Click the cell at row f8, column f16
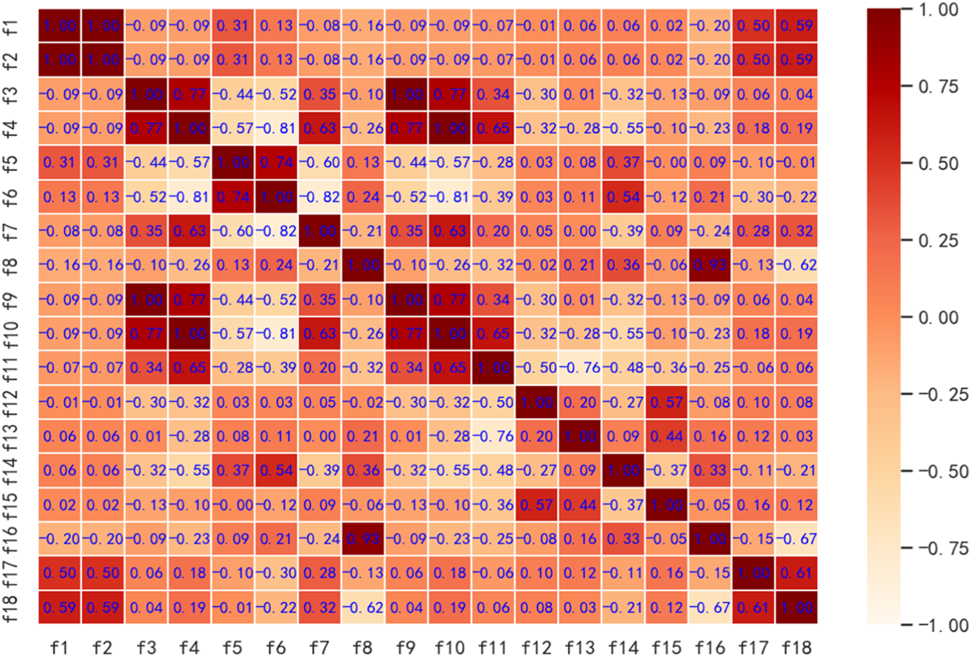710,265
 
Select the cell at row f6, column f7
319,197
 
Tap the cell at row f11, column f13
579,367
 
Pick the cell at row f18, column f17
753,607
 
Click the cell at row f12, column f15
666,402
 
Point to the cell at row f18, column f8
363,607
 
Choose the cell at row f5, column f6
276,162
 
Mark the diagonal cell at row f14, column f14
623,470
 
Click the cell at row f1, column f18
796,26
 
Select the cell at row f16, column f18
796,538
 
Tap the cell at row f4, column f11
492,128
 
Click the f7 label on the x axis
319,647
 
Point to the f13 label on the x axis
579,647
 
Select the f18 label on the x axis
796,647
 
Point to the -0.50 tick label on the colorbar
936,471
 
